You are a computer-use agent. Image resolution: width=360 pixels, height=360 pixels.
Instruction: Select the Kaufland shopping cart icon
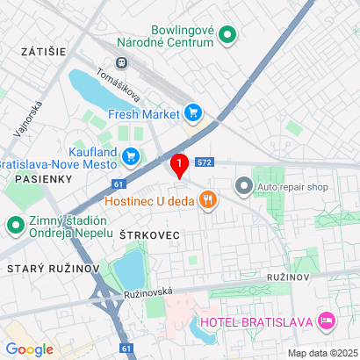[132, 156]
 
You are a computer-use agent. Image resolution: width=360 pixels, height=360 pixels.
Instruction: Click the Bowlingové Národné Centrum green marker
[227, 36]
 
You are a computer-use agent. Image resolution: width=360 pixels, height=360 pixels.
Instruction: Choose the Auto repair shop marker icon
[243, 186]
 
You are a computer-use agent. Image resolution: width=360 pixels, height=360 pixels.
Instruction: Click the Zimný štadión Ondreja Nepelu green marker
[15, 227]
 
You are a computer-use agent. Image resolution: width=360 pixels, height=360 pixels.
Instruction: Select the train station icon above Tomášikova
[119, 62]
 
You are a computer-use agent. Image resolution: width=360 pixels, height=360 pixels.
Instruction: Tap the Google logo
[29, 349]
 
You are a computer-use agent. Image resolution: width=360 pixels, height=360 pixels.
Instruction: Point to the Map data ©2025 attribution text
[322, 353]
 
